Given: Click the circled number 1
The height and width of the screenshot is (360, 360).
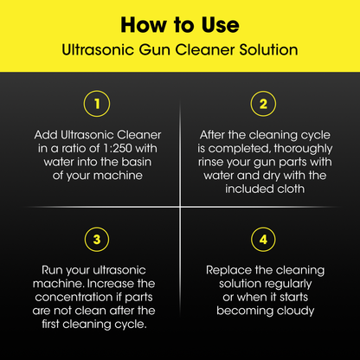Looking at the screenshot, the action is (x=97, y=104).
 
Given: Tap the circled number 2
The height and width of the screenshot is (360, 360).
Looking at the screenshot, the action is (x=263, y=104).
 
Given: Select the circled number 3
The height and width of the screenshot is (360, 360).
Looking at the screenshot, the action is (x=97, y=240).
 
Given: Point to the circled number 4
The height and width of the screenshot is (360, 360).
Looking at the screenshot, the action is (x=263, y=240).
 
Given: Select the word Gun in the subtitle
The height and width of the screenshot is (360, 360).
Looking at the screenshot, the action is (x=156, y=49).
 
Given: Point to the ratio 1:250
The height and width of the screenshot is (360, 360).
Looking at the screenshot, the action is (x=118, y=148).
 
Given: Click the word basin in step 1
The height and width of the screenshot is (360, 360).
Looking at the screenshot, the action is (x=136, y=162).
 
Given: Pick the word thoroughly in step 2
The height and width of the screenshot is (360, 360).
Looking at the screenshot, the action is (x=303, y=149).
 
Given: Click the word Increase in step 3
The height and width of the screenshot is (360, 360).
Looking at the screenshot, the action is (x=111, y=284).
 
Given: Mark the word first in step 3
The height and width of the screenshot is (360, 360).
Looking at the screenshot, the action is (x=51, y=324).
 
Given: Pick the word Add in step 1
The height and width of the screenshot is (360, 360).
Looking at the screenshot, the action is (x=46, y=135).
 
